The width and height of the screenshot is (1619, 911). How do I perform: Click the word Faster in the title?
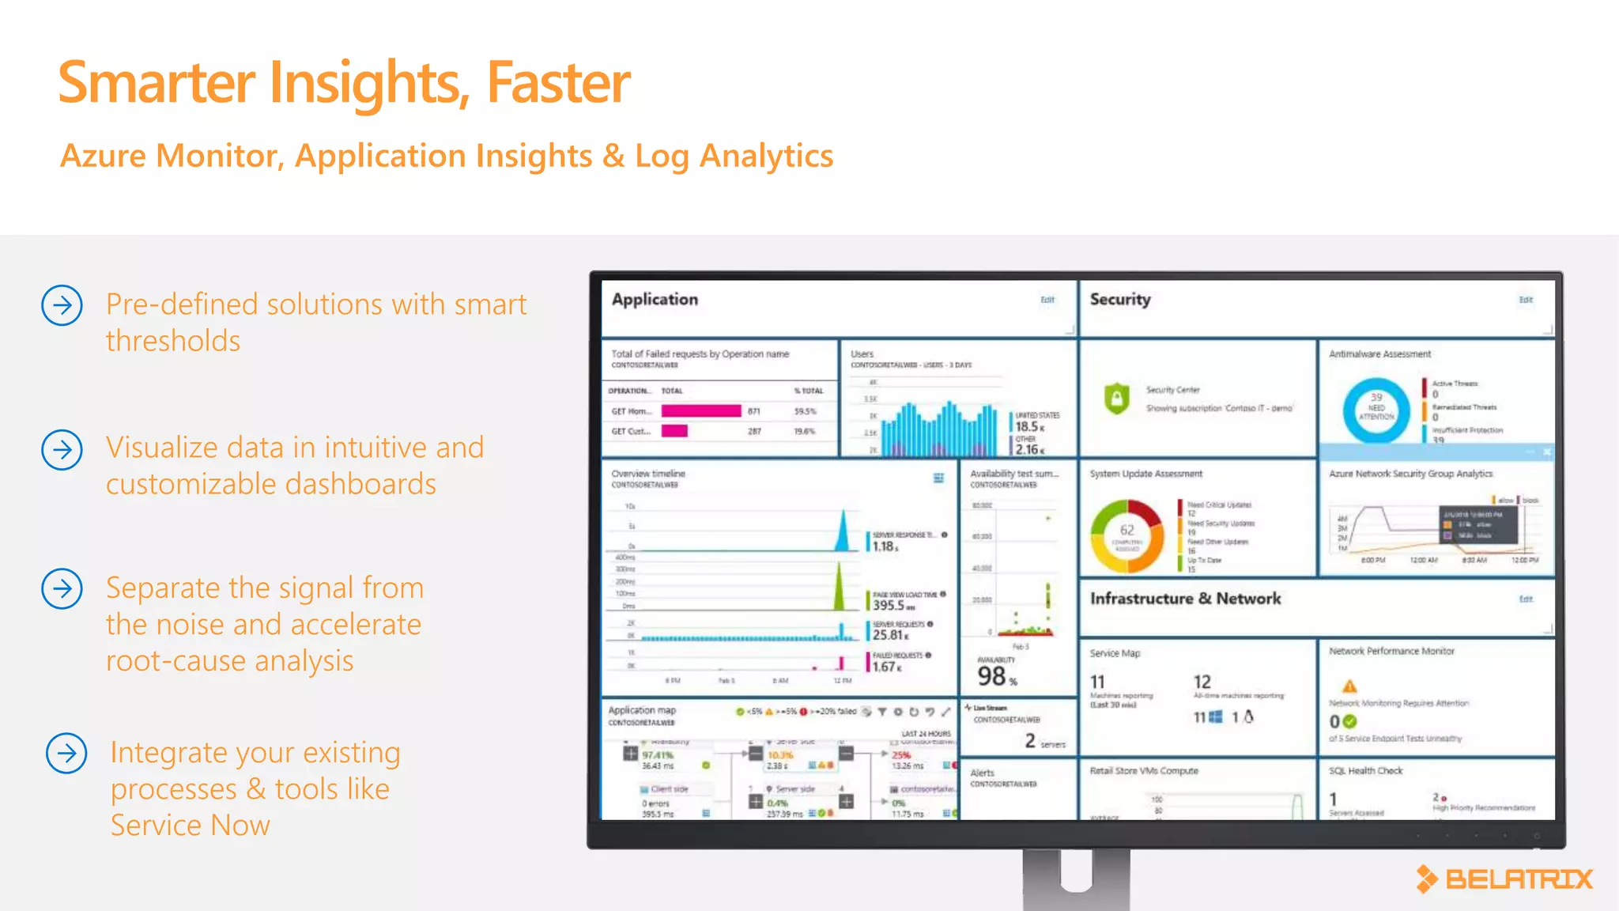coord(558,83)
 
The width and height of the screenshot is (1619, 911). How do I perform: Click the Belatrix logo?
coord(1504,879)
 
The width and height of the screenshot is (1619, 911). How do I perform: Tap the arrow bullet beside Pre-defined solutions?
coord(62,305)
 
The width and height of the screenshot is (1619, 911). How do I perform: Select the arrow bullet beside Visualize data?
coord(62,450)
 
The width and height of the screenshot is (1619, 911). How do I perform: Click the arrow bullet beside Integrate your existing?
coord(66,753)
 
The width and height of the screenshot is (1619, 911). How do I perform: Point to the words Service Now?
coord(190,826)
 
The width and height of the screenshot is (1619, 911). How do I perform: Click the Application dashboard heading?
coord(655,300)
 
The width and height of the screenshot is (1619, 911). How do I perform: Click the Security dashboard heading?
coord(1119,300)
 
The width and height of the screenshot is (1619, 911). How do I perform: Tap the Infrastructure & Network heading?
coord(1185,599)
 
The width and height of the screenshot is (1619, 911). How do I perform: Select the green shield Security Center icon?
coord(1116,399)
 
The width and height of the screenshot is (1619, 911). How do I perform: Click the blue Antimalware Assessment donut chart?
coord(1376,410)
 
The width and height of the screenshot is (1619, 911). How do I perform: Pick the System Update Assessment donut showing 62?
coord(1127,535)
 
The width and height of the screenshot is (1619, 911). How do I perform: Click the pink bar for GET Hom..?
coord(700,411)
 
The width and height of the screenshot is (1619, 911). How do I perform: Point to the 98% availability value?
coord(996,677)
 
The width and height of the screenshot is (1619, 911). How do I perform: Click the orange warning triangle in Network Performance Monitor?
coord(1349,686)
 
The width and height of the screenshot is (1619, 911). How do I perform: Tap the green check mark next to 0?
coord(1350,721)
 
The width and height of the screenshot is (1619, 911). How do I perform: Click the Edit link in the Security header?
coord(1526,300)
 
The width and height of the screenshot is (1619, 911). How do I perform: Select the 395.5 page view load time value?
coord(889,605)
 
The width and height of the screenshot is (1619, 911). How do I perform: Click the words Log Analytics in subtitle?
coord(734,156)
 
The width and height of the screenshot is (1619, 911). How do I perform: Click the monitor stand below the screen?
coord(1076,878)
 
